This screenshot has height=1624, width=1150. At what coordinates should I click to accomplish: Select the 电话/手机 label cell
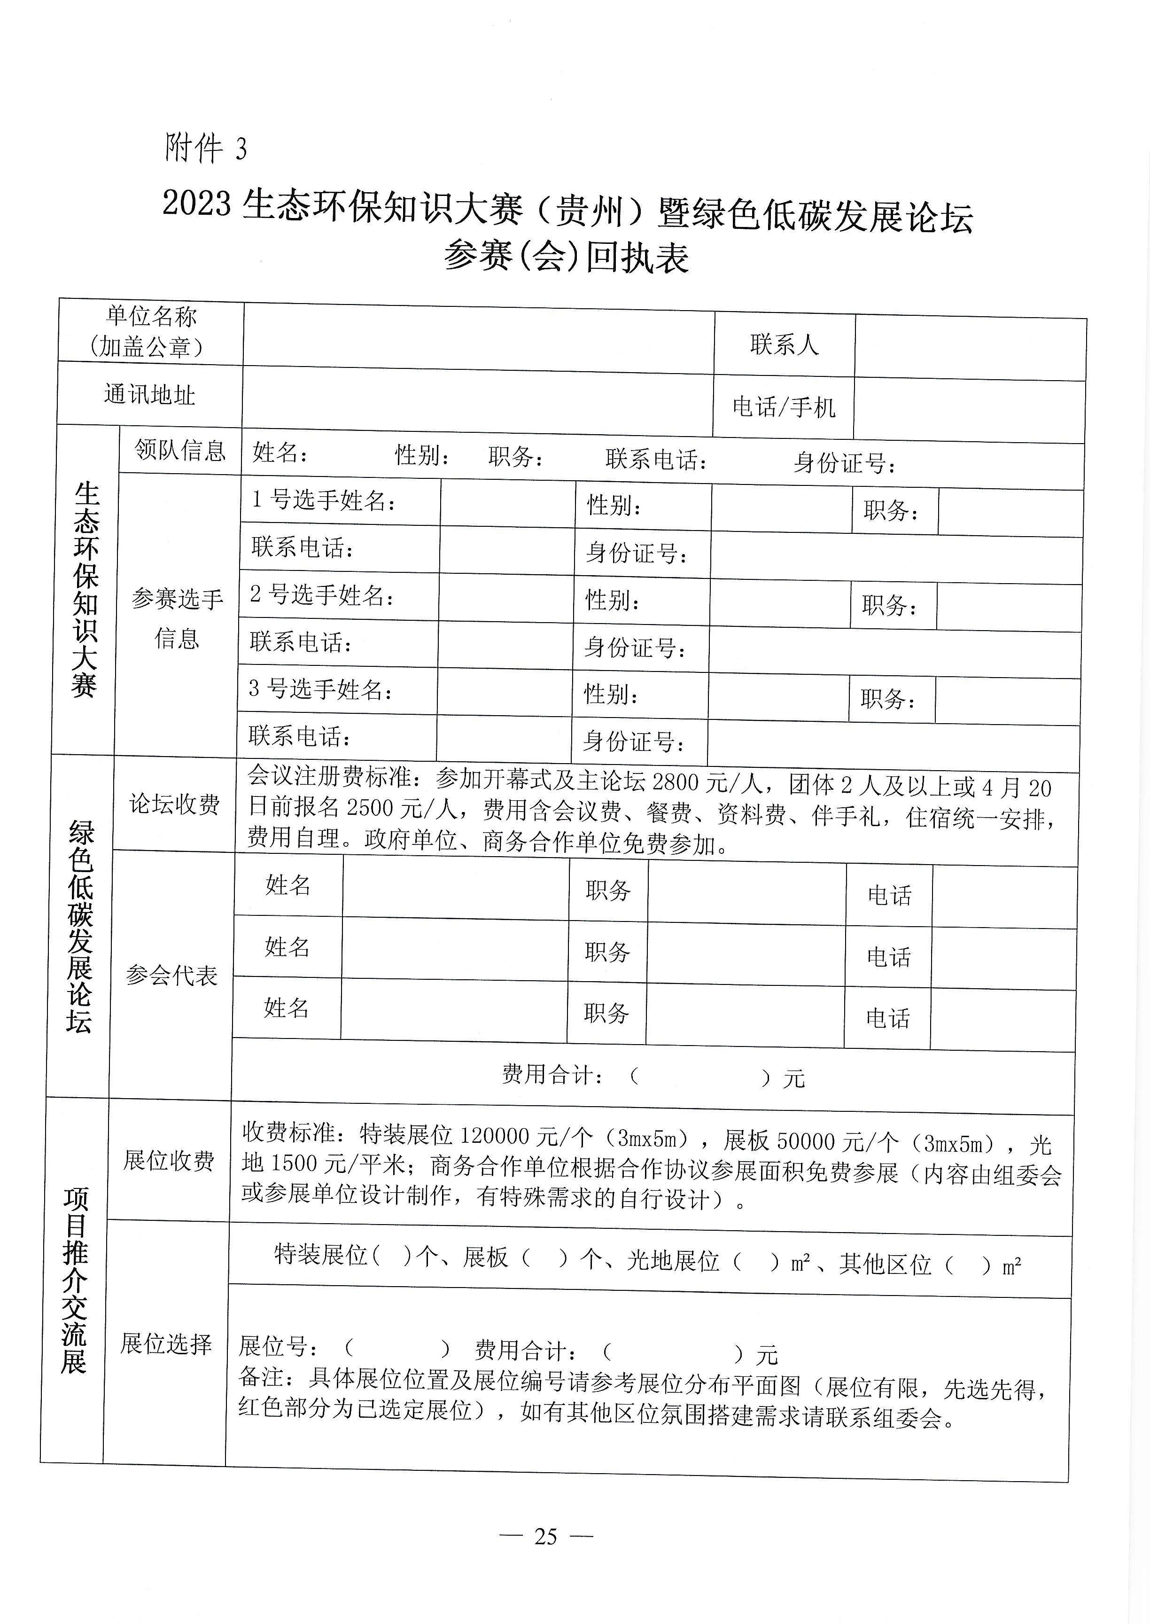(783, 407)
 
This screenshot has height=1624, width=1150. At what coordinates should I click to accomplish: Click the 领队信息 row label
(180, 450)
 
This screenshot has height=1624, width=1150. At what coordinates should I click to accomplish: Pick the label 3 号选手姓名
(320, 689)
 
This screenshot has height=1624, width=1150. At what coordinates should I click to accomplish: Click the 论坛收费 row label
(174, 804)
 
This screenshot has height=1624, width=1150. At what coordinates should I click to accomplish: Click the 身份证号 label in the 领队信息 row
(844, 463)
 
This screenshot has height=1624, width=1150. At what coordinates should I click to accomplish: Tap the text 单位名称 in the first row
(152, 316)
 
